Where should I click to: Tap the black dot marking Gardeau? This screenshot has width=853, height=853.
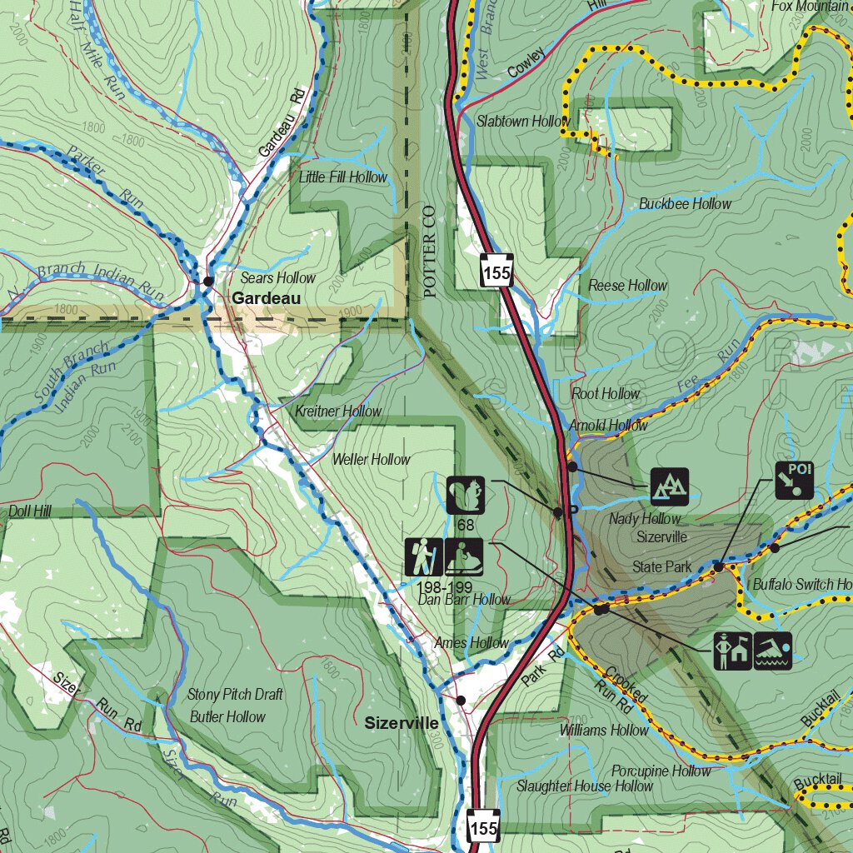tap(208, 282)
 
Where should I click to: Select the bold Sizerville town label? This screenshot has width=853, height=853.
tap(401, 723)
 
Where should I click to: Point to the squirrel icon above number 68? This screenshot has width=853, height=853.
tap(465, 495)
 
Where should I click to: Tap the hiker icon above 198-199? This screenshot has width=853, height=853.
tap(424, 557)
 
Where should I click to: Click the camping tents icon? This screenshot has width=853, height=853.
tap(670, 486)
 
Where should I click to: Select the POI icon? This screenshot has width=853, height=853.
tap(794, 480)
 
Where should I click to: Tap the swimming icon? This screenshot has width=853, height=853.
tap(773, 651)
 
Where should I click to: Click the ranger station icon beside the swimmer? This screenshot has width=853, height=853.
tap(733, 651)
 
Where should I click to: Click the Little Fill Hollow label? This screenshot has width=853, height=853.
tap(343, 177)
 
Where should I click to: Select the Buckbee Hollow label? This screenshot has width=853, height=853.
tap(685, 204)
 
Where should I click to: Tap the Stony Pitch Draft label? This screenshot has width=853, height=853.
tap(235, 694)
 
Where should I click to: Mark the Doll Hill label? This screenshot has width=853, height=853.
tap(30, 511)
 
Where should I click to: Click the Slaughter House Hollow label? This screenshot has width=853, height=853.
tap(585, 786)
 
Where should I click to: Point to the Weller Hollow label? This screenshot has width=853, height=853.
tap(371, 459)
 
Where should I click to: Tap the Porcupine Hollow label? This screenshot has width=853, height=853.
tap(661, 771)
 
